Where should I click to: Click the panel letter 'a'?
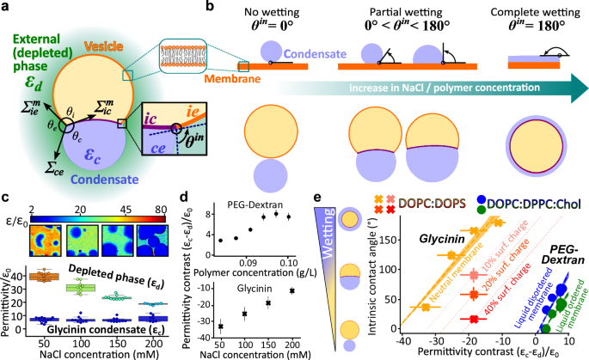pos(7,8)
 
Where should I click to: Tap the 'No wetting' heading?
pos(279,12)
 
